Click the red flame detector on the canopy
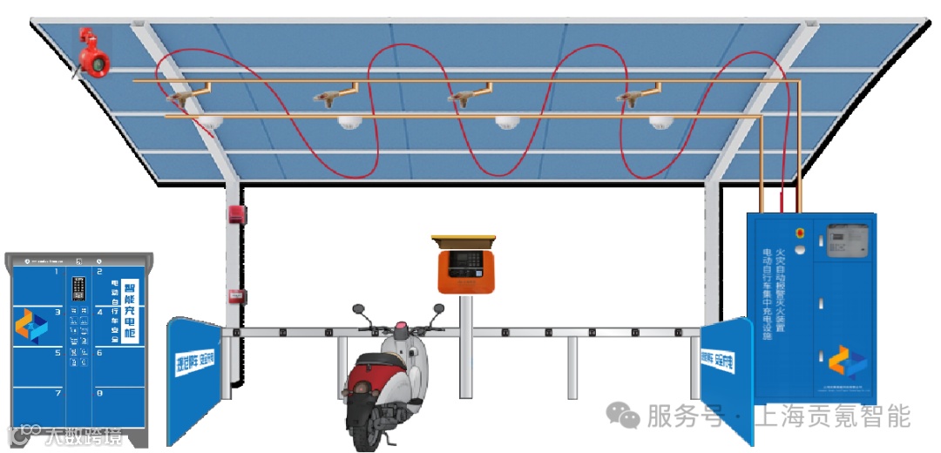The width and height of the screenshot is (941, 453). coord(91,53)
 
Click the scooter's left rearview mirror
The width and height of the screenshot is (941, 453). coord(357,309)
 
